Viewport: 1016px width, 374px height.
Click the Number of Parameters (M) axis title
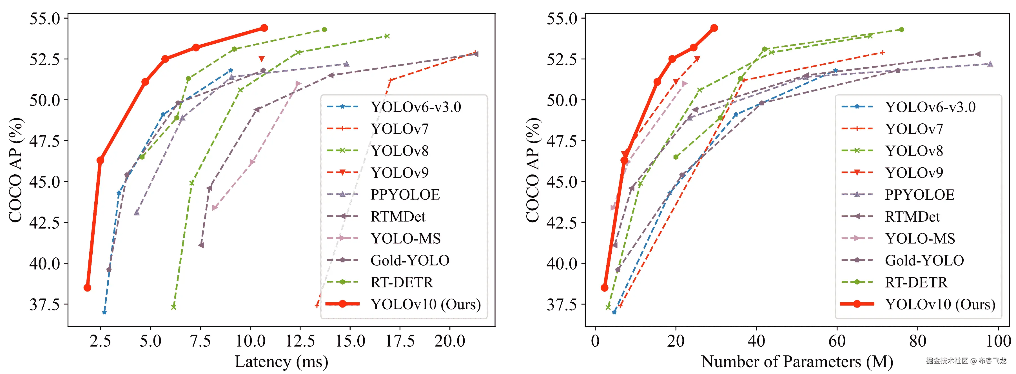point(797,361)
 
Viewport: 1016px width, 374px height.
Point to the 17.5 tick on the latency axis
point(400,341)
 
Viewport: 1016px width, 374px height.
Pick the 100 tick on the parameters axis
point(998,341)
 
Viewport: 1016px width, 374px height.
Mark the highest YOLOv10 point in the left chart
point(264,28)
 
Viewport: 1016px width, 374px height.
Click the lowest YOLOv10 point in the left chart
point(88,288)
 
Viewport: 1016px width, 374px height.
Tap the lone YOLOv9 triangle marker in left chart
point(262,59)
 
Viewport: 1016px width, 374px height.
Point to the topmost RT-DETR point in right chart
point(901,30)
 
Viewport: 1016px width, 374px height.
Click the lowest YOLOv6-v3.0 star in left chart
point(104,312)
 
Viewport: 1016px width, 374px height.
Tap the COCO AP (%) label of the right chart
point(532,170)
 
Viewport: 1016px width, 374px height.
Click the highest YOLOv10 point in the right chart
point(714,28)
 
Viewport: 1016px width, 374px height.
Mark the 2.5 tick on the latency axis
point(100,341)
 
